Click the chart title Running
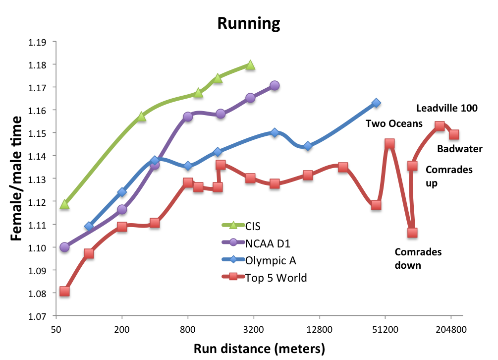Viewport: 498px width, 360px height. [248, 23]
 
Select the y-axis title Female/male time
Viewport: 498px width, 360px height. [17, 179]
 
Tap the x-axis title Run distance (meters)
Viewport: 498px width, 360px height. [259, 349]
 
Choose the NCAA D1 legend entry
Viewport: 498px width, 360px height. [267, 243]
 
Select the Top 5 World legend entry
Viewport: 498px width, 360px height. [276, 278]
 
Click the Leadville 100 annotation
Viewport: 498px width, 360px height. [446, 108]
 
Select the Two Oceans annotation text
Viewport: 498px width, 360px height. [394, 123]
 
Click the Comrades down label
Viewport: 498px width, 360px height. [418, 258]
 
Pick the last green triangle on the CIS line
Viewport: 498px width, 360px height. [250, 65]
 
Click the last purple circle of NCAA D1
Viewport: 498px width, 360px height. [275, 86]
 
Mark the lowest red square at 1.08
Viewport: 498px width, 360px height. [64, 291]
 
